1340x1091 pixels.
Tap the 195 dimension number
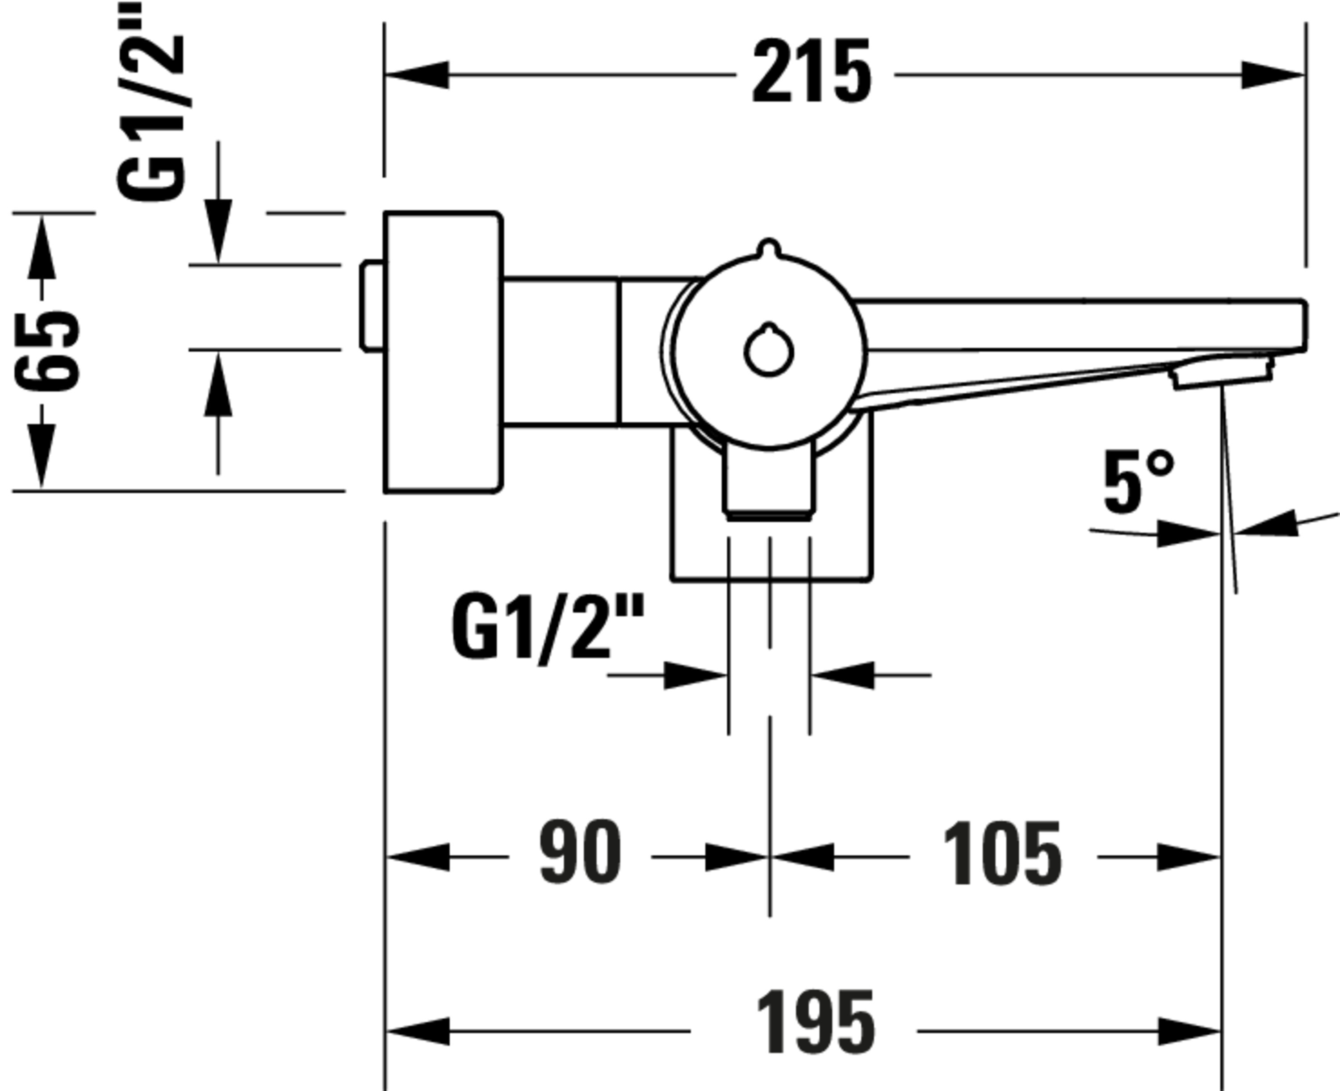(x=816, y=1023)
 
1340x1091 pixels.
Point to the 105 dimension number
(x=1002, y=853)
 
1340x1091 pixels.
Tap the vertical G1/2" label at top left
(x=151, y=100)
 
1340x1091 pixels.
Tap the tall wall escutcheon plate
(x=443, y=352)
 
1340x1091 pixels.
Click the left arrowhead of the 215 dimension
(x=417, y=75)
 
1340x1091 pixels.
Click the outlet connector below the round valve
(x=768, y=481)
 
